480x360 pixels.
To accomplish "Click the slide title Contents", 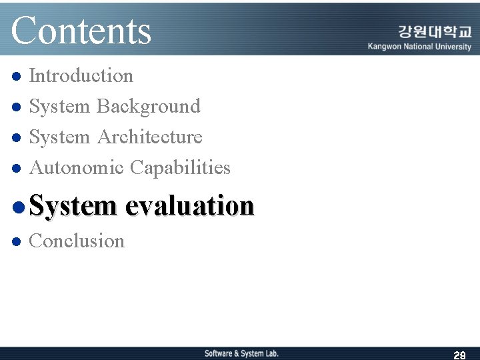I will tap(81, 31).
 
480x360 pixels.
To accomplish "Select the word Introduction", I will tap(81, 76).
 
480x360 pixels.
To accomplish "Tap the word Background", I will tap(149, 107).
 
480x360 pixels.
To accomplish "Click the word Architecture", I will tap(150, 137).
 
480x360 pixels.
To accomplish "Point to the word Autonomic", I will tap(77, 168).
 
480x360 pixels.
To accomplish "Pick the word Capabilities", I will tap(180, 168).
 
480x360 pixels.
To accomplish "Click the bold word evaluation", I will tap(189, 206).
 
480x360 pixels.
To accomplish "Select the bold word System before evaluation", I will tap(73, 206).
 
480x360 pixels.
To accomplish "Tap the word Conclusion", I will tap(77, 241).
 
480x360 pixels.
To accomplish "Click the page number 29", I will tap(459, 355).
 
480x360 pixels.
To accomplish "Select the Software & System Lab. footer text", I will tap(241, 353).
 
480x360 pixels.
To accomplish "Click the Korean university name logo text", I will tap(435, 32).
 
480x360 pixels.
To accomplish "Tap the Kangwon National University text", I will tap(419, 47).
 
